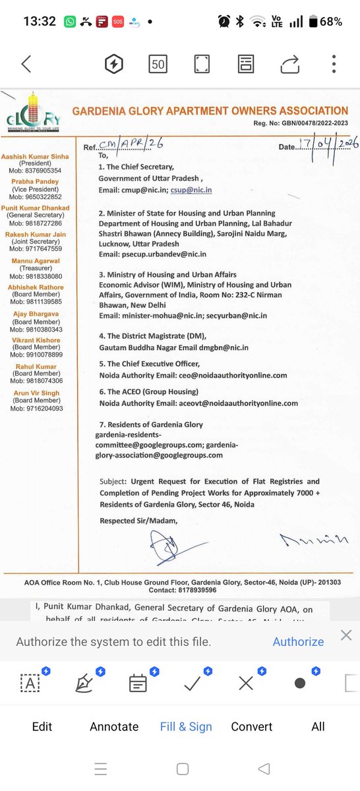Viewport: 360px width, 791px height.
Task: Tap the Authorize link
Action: coord(298,641)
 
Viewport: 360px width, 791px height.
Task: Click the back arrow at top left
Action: coord(26,64)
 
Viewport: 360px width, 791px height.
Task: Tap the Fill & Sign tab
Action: coord(186,726)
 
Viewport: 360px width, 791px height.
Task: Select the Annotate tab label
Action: coord(114,726)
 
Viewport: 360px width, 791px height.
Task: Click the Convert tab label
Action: coord(251,726)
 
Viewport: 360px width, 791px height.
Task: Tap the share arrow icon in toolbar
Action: coord(289,64)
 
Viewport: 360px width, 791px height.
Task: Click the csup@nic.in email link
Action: coord(191,190)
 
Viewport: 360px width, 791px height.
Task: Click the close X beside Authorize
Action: coord(346,635)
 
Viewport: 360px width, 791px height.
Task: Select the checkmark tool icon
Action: coord(193,683)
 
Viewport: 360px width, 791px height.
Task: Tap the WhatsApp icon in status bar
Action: coord(70,22)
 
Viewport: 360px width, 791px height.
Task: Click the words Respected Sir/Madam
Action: coord(138,521)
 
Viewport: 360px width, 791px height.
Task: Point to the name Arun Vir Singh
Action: coord(36,393)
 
